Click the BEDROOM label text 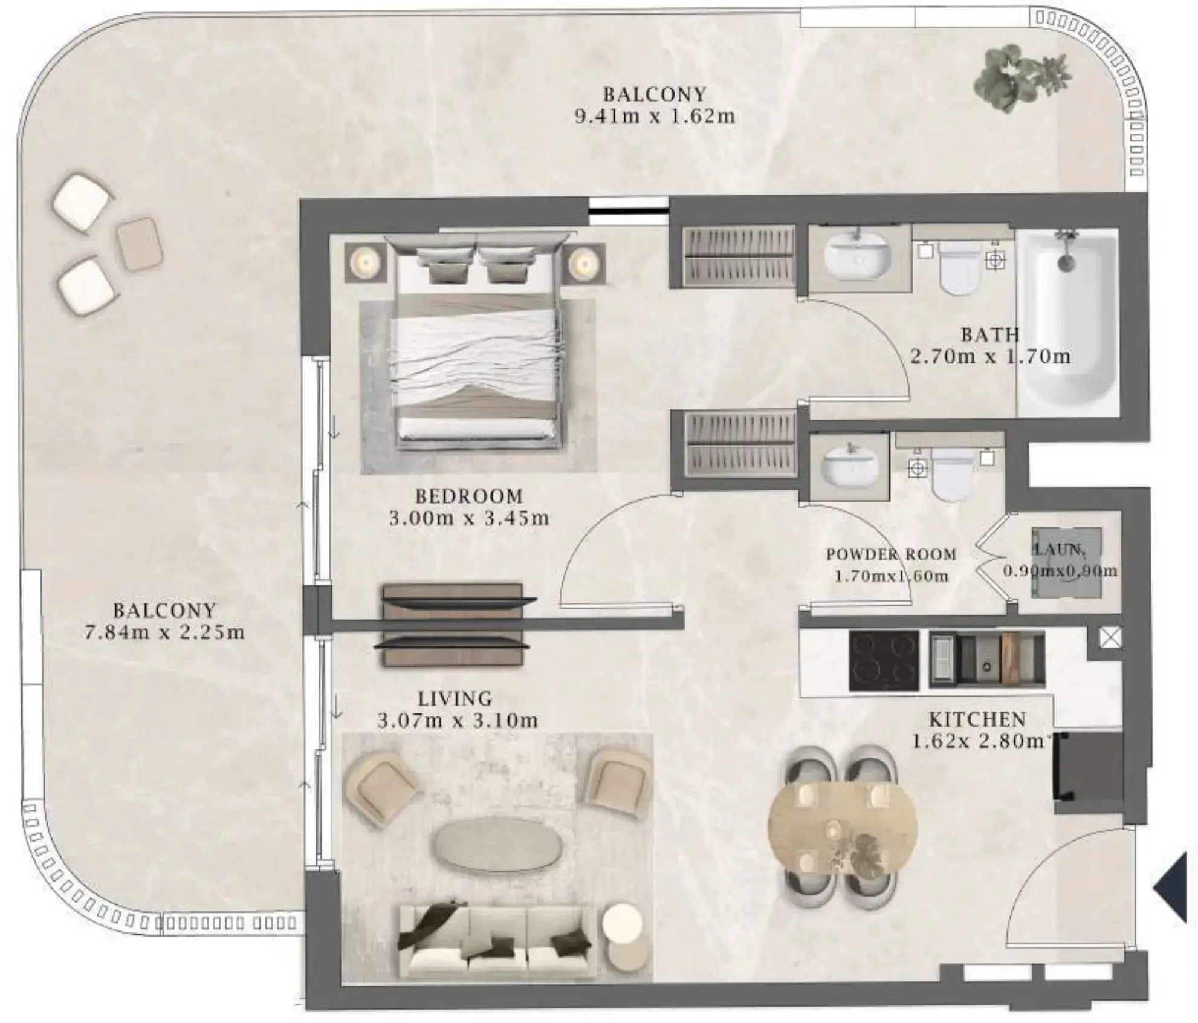tap(469, 496)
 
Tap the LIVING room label tap(455, 699)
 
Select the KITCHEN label tap(977, 719)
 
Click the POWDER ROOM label tap(892, 554)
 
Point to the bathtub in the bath tap(1068, 322)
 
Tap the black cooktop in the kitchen tap(884, 660)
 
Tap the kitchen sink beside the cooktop tap(986, 660)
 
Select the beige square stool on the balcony tap(140, 244)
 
